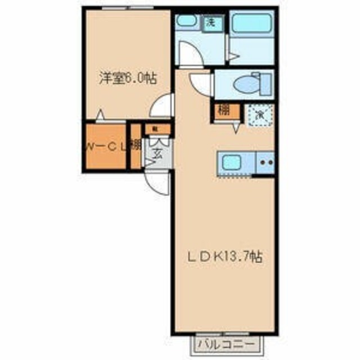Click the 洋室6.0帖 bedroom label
(128, 79)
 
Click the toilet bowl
(247, 84)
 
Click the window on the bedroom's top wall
(127, 9)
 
